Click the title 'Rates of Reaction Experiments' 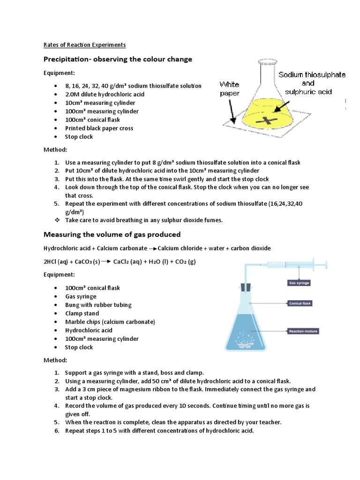(84, 45)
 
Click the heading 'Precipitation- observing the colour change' (118, 60)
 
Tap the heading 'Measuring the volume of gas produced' (112, 234)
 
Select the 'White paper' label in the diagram (230, 89)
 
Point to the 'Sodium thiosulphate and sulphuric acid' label (312, 83)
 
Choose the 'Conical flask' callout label (300, 303)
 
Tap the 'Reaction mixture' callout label (303, 331)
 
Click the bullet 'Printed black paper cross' (99, 128)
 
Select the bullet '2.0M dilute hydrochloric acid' (105, 94)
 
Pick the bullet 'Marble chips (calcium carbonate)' (110, 322)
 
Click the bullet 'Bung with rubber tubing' (98, 305)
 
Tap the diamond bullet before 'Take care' (57, 220)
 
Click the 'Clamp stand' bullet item (82, 313)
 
